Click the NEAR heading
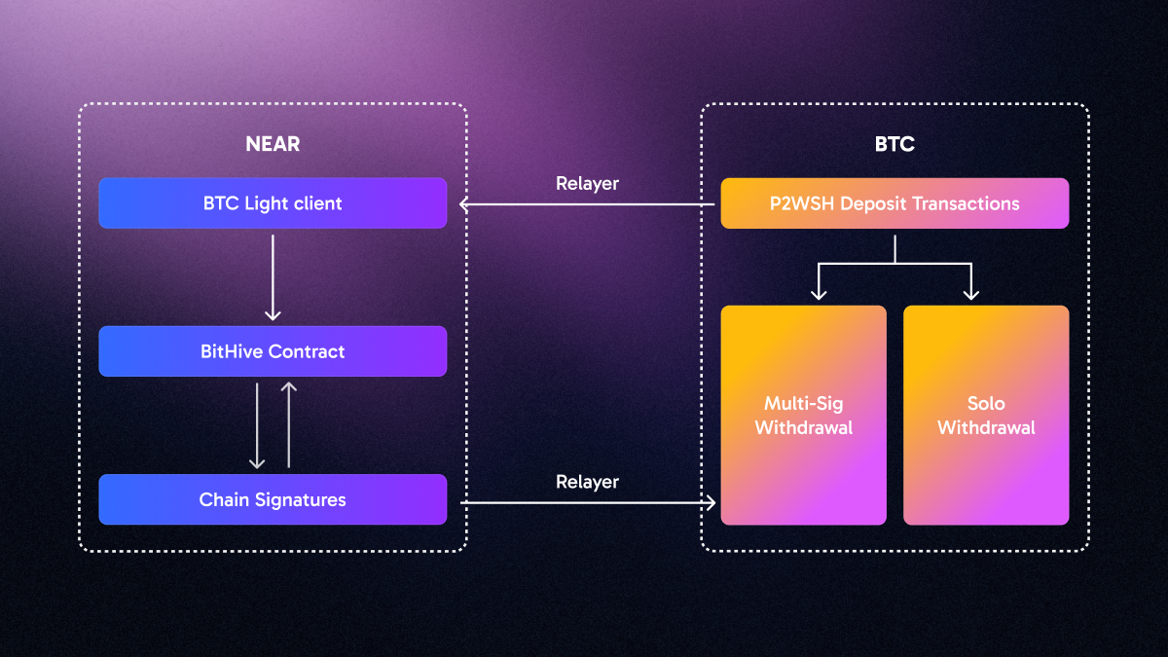(x=273, y=144)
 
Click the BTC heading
(x=894, y=144)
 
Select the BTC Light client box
(x=273, y=203)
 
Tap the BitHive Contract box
(x=273, y=351)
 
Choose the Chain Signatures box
(x=273, y=499)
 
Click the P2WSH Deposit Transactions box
(x=894, y=203)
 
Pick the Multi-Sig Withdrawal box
(x=803, y=416)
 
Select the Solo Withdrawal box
(x=986, y=416)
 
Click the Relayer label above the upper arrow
(x=587, y=183)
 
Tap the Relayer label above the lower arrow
(x=587, y=482)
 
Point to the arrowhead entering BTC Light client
(x=464, y=204)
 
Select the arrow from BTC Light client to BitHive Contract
(x=273, y=277)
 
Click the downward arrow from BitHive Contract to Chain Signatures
(x=257, y=425)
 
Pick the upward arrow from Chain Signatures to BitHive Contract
(x=288, y=425)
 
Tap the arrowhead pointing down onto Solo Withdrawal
(x=970, y=294)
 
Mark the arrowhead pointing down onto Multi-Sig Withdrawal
(x=819, y=294)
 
